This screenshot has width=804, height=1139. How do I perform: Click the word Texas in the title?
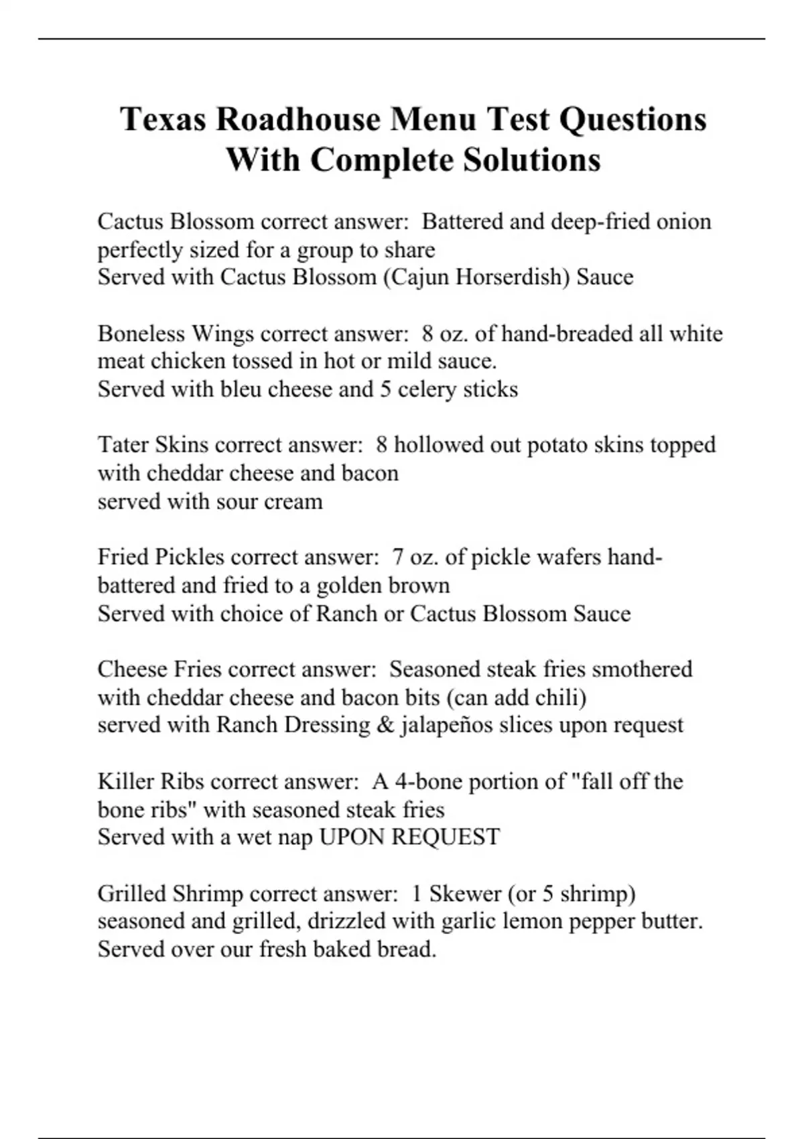163,120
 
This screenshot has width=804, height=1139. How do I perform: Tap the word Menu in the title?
434,120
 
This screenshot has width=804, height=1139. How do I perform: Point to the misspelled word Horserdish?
511,277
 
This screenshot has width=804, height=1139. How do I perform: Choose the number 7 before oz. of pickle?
398,557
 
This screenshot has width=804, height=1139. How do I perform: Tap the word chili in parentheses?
560,697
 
